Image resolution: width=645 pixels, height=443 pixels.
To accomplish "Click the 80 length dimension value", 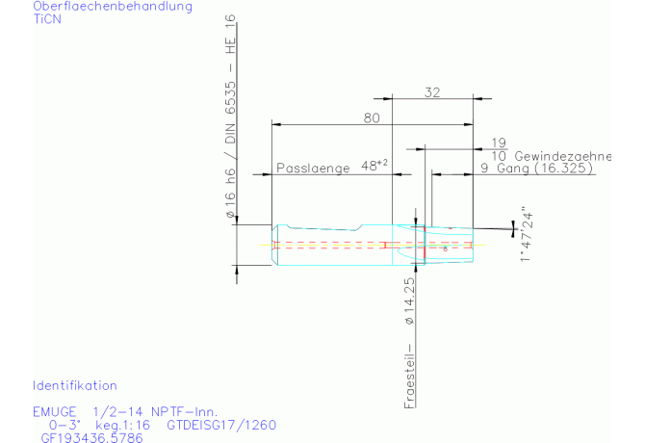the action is pyautogui.click(x=372, y=117).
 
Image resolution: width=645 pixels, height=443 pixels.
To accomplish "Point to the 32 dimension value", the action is pyautogui.click(x=431, y=92).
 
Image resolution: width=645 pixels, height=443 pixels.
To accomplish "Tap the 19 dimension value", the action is pyautogui.click(x=498, y=142).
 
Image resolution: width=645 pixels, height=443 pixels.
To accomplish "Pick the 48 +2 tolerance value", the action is pyautogui.click(x=374, y=166).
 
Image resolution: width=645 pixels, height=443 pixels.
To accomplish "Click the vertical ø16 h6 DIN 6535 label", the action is pyautogui.click(x=230, y=120).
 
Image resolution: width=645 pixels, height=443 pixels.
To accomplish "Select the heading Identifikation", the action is pyautogui.click(x=75, y=385).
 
